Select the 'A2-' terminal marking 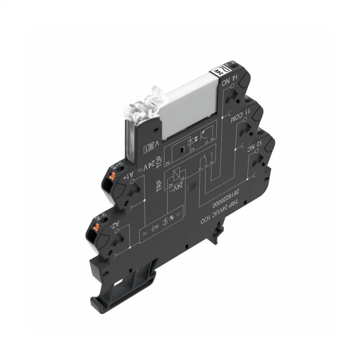[116, 223]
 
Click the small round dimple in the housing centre [192, 184]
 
